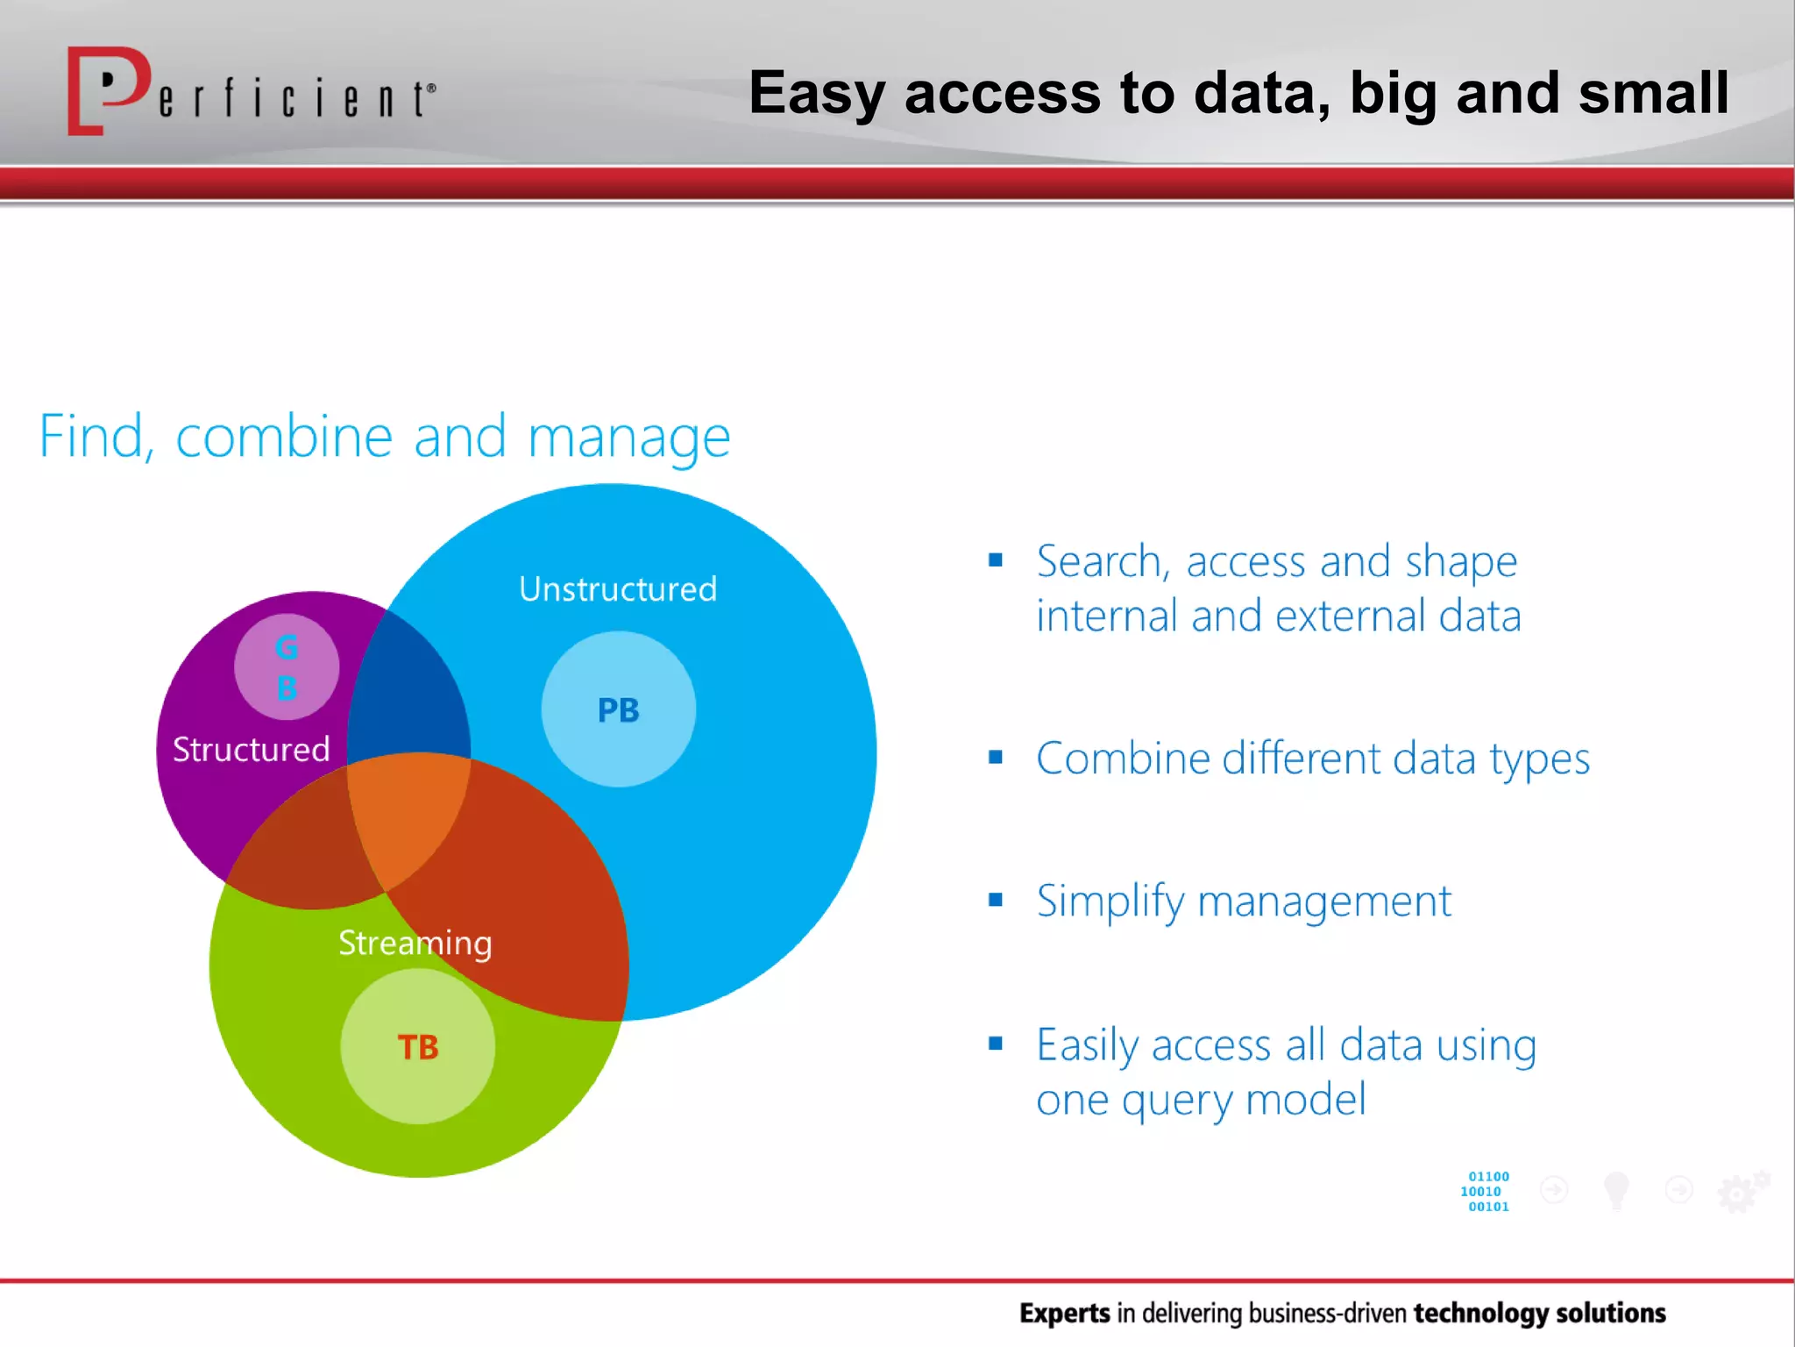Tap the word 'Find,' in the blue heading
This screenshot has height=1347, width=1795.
pos(96,437)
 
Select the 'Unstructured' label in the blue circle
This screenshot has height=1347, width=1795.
pos(618,589)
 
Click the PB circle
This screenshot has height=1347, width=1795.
pos(618,709)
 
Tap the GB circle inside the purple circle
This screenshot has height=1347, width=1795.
pos(287,667)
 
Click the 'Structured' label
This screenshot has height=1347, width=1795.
pos(251,750)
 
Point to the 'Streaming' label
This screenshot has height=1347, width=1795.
pos(415,944)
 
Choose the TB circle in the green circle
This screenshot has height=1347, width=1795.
pos(417,1046)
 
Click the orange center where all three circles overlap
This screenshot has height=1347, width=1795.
pos(408,816)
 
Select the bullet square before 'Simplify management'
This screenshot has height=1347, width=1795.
pos(995,900)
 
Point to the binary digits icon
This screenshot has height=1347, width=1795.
pos(1486,1191)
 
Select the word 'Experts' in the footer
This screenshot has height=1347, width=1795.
pos(1064,1313)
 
